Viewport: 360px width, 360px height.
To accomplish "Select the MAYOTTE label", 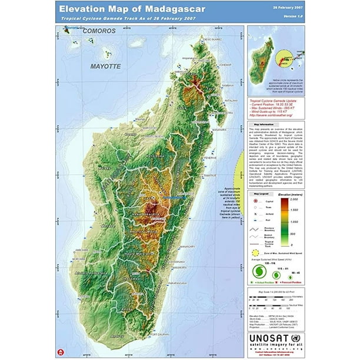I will pos(105,67).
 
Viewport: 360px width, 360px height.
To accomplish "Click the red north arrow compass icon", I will pos(59,351).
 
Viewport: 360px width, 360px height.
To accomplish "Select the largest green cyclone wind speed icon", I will pos(258,271).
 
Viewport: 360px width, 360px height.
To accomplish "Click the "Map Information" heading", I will pos(265,125).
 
